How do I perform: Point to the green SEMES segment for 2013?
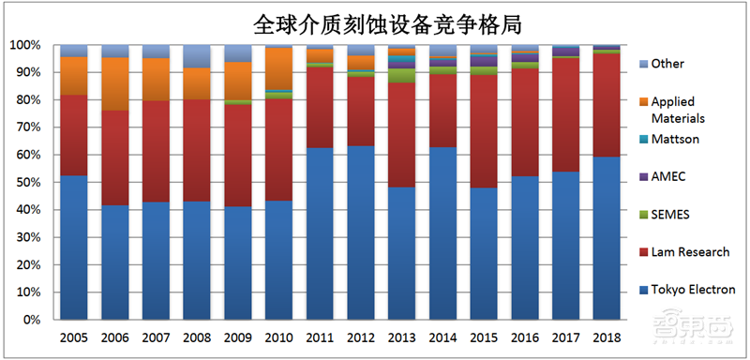(x=402, y=76)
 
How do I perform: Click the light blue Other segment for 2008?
(x=196, y=55)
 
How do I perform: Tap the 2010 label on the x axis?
(x=278, y=336)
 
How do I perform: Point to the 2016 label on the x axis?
(x=524, y=336)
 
